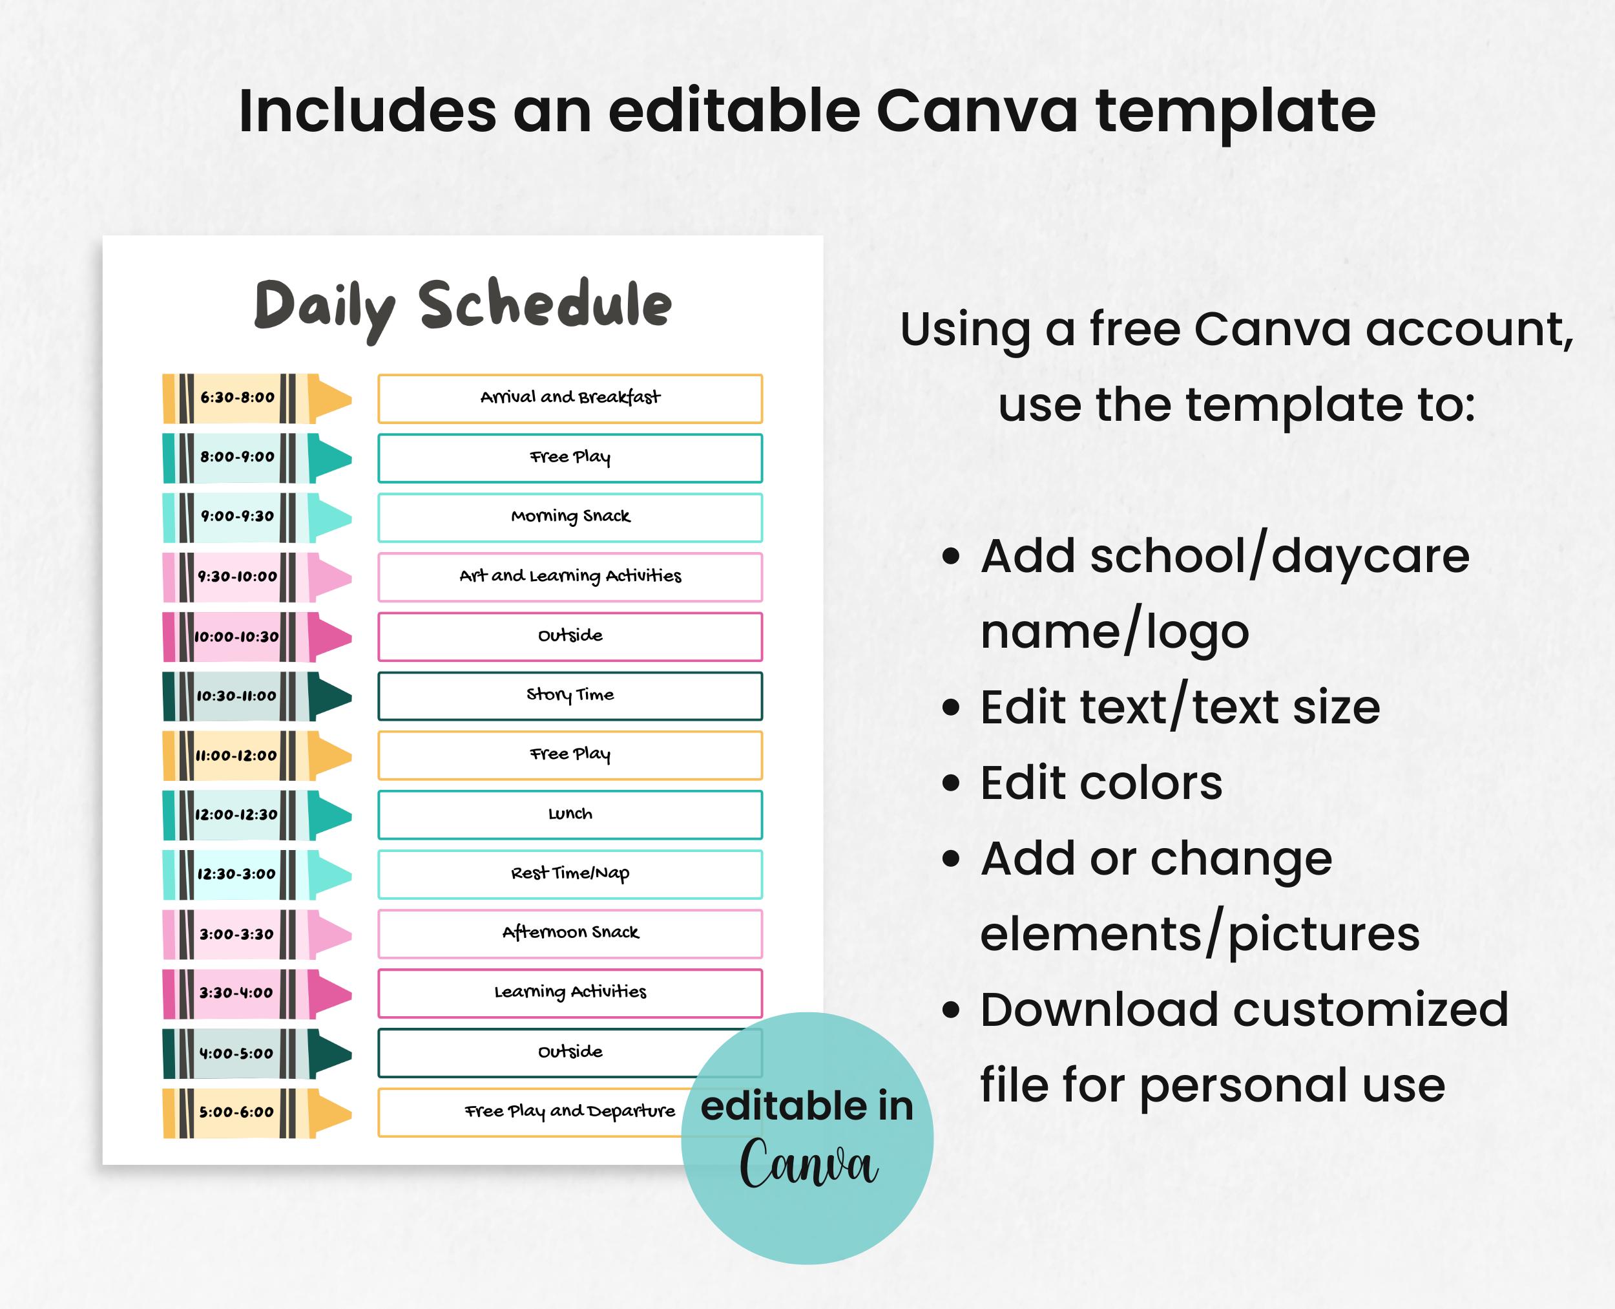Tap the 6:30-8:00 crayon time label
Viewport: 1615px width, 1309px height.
click(x=236, y=398)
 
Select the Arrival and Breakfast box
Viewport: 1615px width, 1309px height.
click(x=570, y=398)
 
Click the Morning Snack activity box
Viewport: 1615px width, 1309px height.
click(x=570, y=517)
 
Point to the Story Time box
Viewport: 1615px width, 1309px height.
click(x=570, y=695)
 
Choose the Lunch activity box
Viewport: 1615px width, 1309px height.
click(x=570, y=814)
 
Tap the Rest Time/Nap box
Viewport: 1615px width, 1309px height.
click(x=570, y=874)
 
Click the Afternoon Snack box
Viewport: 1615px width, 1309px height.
click(x=570, y=933)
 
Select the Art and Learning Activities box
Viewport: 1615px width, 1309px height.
click(x=570, y=577)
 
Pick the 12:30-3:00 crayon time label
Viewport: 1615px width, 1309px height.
click(x=236, y=874)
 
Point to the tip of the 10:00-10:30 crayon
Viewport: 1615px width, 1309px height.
click(x=331, y=637)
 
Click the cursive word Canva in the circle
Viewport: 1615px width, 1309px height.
click(x=808, y=1164)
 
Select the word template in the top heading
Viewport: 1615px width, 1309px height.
click(x=1235, y=112)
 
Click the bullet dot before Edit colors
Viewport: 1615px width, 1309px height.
click(x=951, y=783)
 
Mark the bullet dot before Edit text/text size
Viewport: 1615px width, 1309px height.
click(x=951, y=707)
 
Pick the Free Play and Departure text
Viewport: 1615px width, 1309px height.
click(x=570, y=1111)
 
